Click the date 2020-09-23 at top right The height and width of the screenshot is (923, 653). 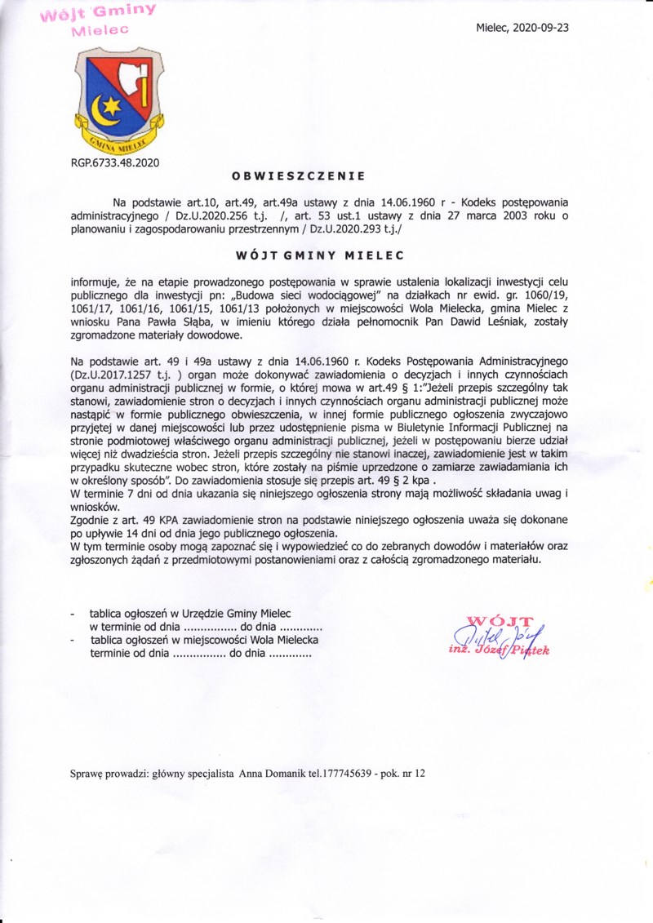tap(540, 27)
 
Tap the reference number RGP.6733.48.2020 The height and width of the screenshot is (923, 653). tap(115, 162)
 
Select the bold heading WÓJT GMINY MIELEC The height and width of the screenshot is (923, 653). tap(309, 254)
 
